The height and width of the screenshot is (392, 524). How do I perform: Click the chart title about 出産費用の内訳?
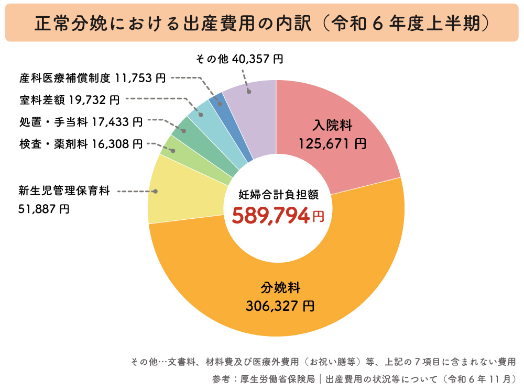point(261,23)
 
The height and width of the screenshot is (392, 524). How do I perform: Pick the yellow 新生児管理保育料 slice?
point(178,191)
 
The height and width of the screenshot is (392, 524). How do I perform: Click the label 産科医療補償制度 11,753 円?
point(92,79)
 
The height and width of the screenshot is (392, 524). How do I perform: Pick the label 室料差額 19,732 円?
point(69,99)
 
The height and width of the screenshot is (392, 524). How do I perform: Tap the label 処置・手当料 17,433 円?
point(80,122)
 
